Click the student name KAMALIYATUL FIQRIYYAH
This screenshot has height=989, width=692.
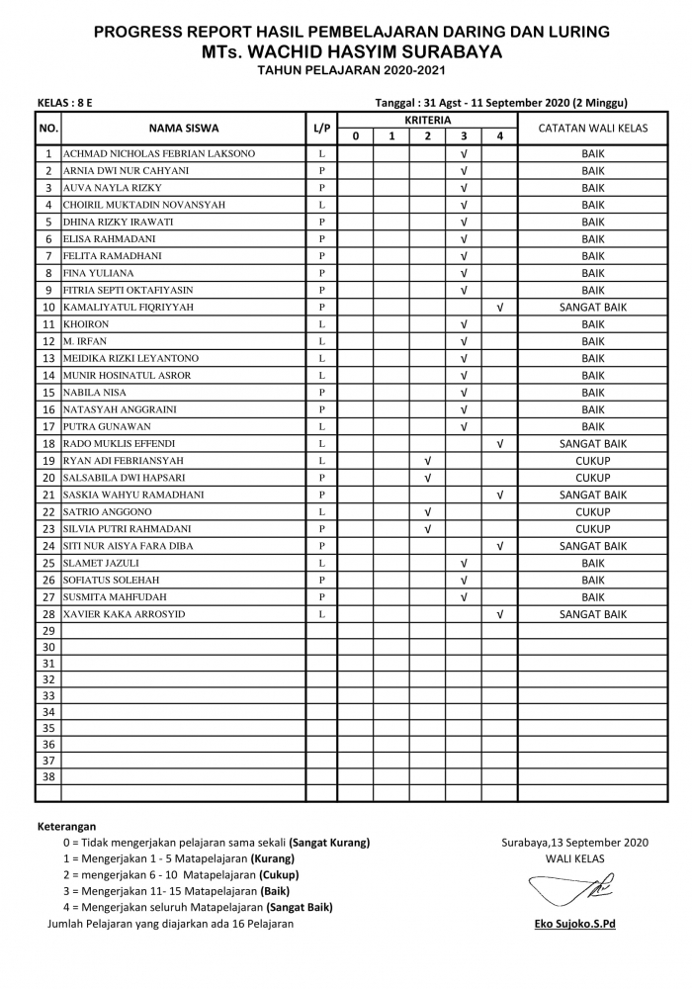pyautogui.click(x=129, y=308)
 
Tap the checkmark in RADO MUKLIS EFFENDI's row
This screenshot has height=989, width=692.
pyautogui.click(x=500, y=444)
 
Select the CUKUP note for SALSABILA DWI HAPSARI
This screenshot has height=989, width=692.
pyautogui.click(x=593, y=478)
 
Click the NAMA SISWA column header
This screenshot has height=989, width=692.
pyautogui.click(x=184, y=128)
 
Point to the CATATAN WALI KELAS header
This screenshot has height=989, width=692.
pyautogui.click(x=593, y=128)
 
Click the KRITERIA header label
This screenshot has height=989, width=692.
pyautogui.click(x=427, y=119)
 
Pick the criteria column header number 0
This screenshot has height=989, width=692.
pyautogui.click(x=355, y=136)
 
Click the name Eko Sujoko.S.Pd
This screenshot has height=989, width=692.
pyautogui.click(x=574, y=924)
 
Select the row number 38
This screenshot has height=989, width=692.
pyautogui.click(x=47, y=777)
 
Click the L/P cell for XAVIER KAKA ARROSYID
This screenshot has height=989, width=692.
pyautogui.click(x=322, y=614)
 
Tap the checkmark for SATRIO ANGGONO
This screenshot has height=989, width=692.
pyautogui.click(x=427, y=512)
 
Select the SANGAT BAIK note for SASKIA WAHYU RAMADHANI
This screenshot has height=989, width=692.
pyautogui.click(x=593, y=494)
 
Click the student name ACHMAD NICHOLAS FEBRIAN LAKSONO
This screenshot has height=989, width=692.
pyautogui.click(x=159, y=154)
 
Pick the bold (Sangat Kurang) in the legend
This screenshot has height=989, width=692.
pyautogui.click(x=329, y=843)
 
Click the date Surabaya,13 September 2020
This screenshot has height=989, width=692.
pyautogui.click(x=574, y=843)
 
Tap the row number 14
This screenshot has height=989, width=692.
pyautogui.click(x=47, y=376)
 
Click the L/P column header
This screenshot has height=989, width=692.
pyautogui.click(x=322, y=128)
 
